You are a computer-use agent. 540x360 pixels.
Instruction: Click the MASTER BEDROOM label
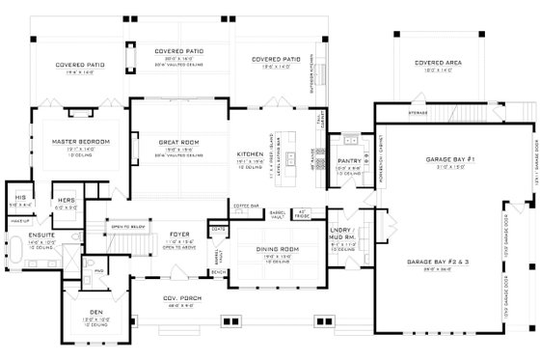coord(81,142)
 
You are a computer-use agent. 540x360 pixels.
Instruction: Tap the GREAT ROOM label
coord(178,142)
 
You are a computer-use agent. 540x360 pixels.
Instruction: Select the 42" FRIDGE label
coord(301,212)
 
